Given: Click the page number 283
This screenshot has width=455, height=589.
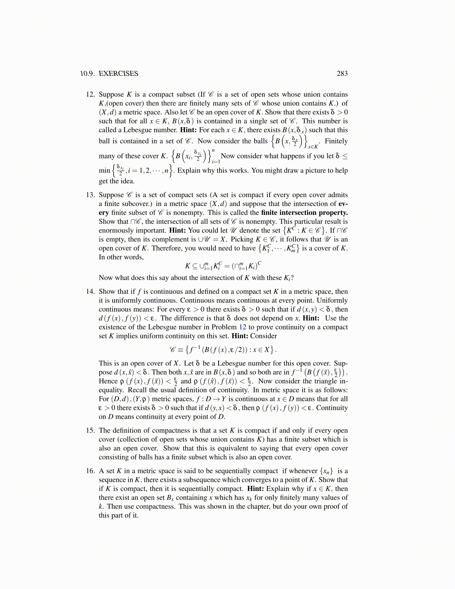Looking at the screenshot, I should (342, 74).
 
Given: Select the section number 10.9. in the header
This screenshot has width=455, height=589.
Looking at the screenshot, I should (88, 74).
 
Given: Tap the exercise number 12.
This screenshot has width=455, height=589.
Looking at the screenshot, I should (91, 94).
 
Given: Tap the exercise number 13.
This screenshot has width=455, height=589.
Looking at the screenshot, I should (91, 195).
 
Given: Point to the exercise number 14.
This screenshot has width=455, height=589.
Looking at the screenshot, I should (91, 292).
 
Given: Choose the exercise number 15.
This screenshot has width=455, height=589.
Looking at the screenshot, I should (91, 431).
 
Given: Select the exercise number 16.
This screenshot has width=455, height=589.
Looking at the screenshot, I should (91, 471).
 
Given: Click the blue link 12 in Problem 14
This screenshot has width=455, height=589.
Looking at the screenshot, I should (242, 327).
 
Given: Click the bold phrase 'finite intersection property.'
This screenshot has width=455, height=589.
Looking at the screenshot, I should (304, 213).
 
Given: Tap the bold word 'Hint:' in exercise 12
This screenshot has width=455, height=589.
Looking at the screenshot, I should (188, 130).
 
